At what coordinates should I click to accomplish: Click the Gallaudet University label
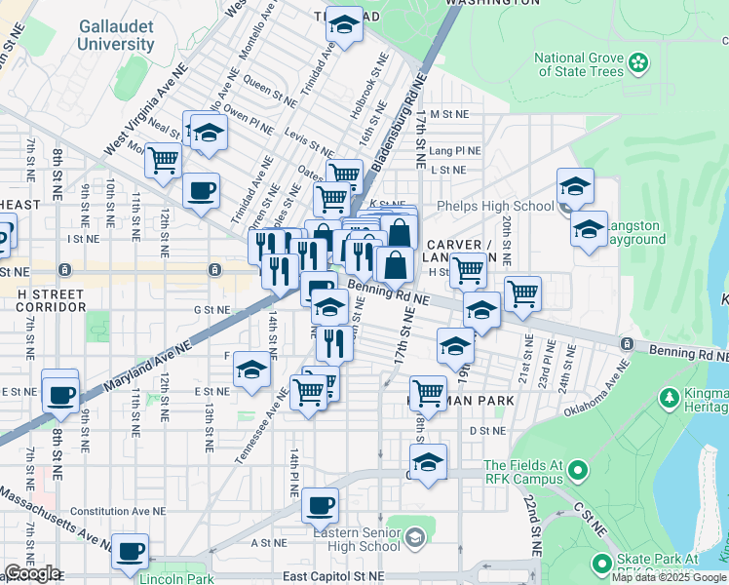(116, 35)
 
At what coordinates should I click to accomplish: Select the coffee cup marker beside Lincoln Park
(130, 551)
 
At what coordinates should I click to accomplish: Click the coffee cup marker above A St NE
(320, 506)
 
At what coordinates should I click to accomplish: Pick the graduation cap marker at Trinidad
(344, 26)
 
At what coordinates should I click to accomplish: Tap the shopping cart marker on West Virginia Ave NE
(164, 158)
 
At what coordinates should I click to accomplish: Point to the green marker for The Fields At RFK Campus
(577, 472)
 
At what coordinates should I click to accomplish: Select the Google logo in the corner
(32, 573)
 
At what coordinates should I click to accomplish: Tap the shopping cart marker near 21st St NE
(523, 292)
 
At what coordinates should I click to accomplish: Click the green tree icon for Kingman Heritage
(669, 398)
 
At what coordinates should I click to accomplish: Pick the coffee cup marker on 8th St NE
(60, 395)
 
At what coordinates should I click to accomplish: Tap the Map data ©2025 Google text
(669, 577)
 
